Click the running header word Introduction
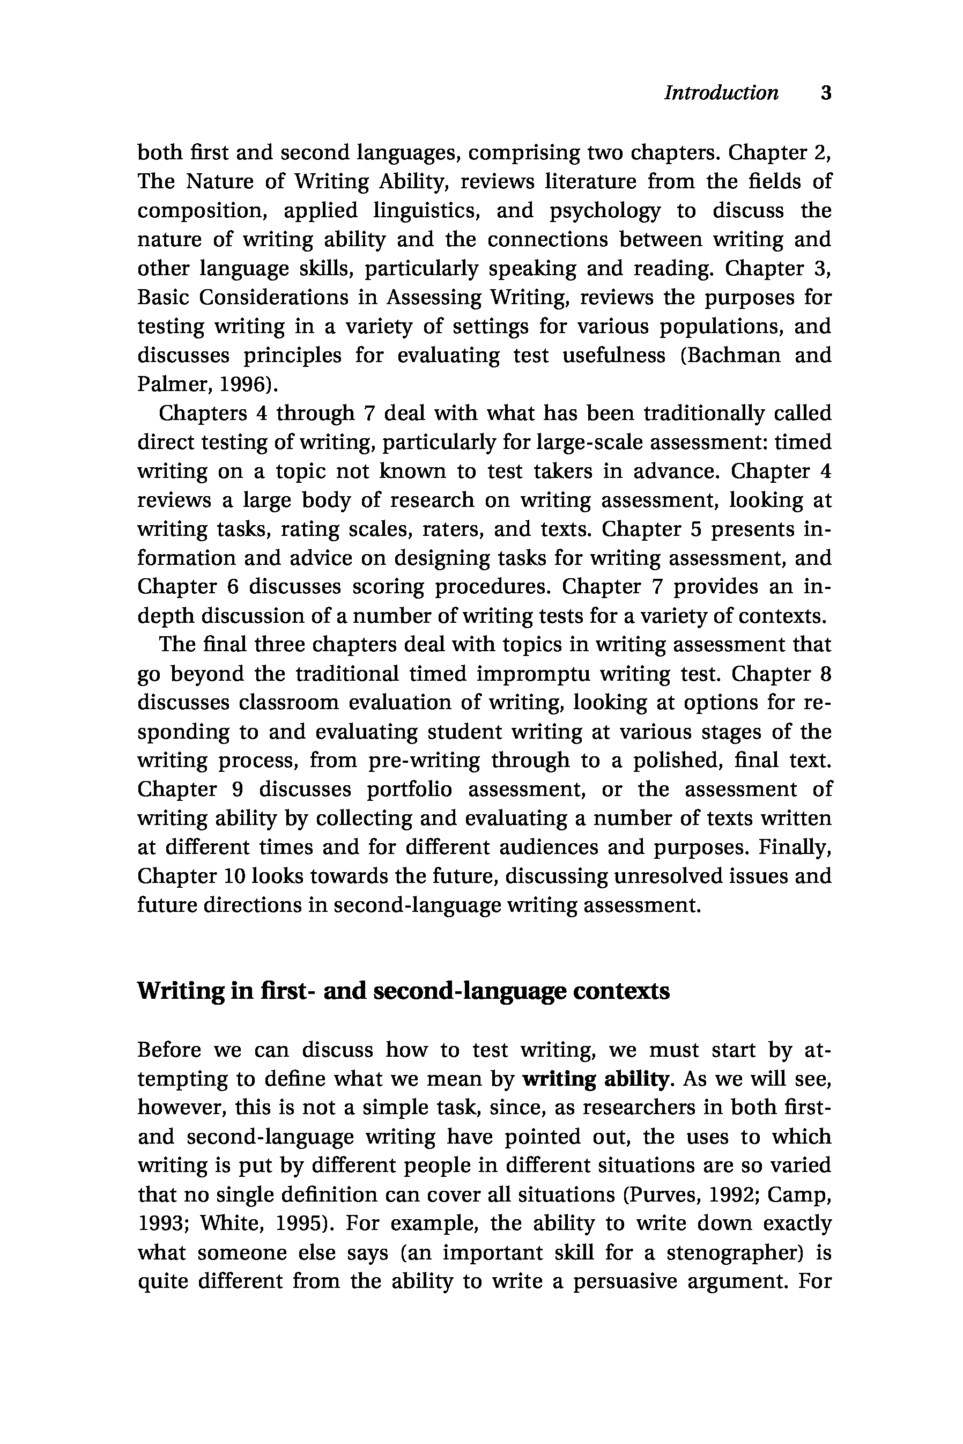(721, 93)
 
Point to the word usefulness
(613, 355)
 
